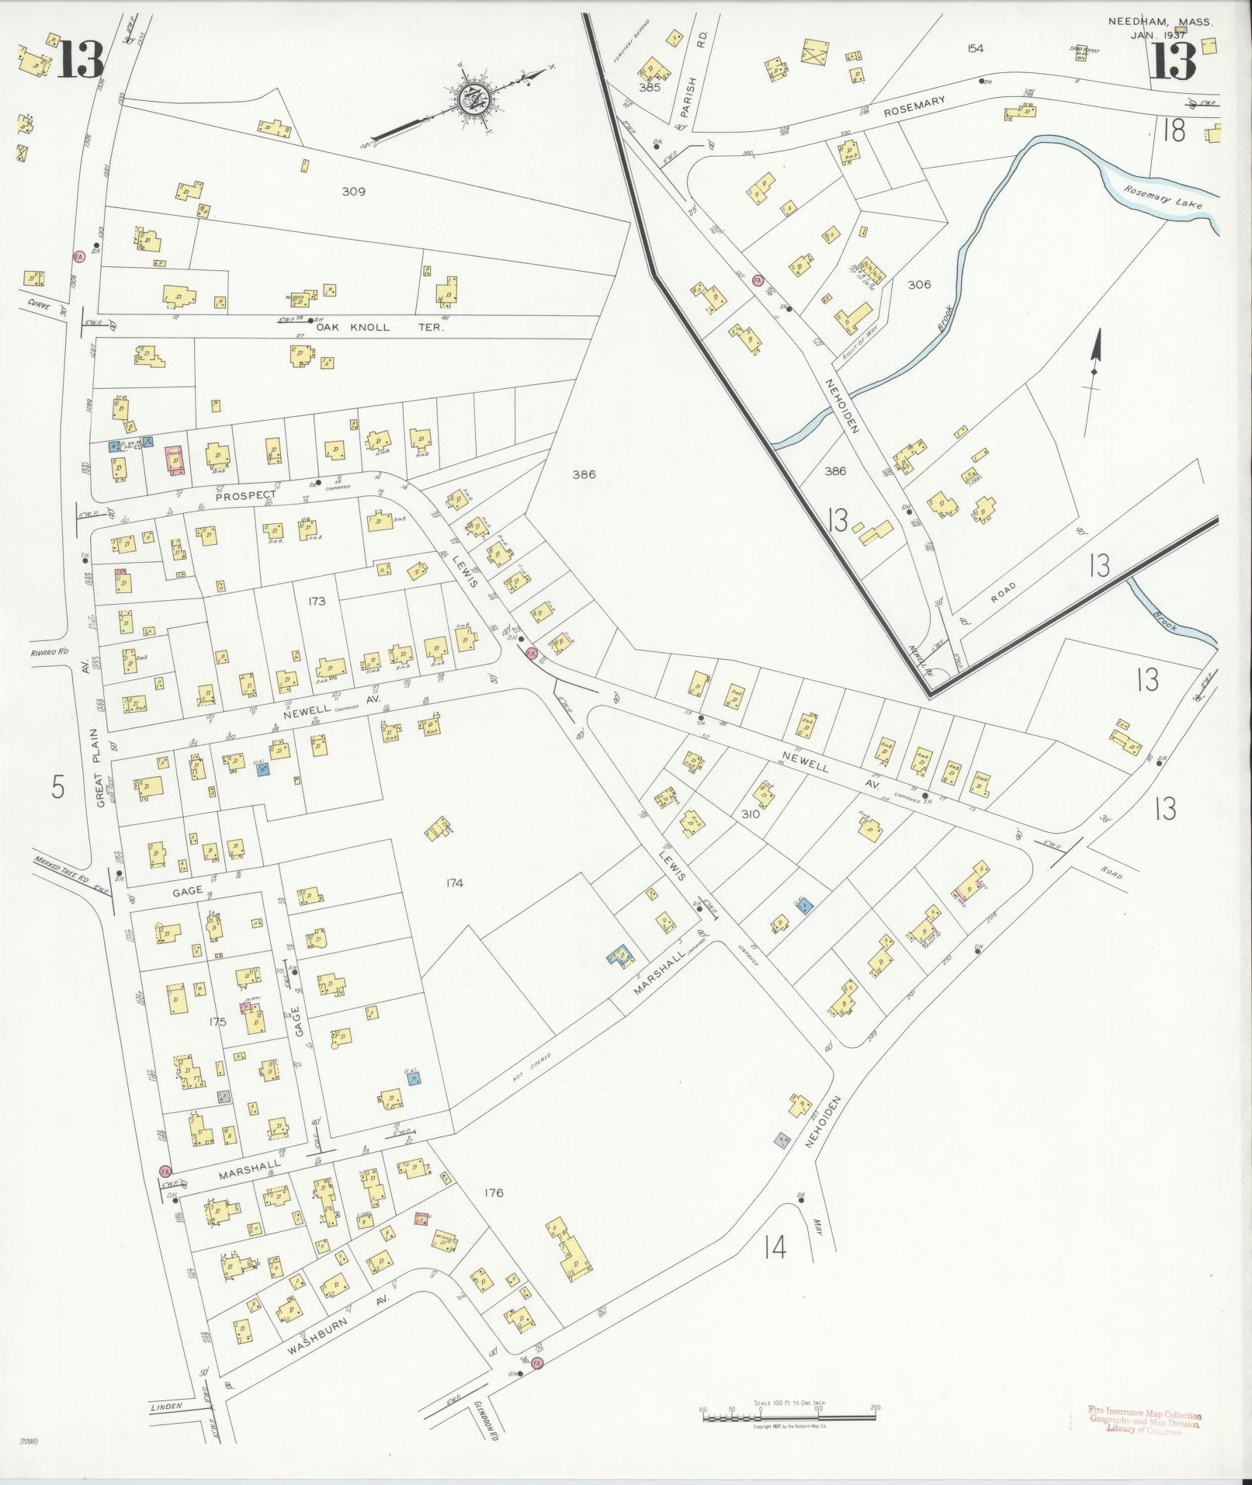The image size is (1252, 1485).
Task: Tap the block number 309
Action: tap(353, 191)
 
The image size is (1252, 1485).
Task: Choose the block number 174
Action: tap(454, 883)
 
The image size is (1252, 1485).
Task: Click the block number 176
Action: tap(493, 1192)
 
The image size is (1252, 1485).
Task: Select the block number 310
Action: tap(750, 814)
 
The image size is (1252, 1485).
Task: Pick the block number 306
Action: tap(919, 284)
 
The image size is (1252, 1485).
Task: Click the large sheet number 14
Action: tap(775, 1247)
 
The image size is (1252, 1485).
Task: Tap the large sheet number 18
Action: tap(1174, 131)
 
